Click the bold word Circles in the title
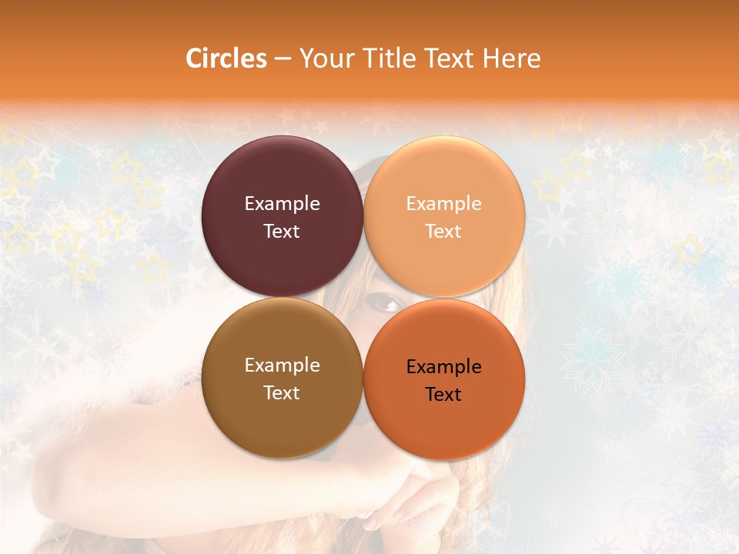click(x=226, y=58)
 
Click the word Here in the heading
click(x=512, y=58)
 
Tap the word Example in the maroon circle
click(x=282, y=204)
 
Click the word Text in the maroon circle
click(x=282, y=232)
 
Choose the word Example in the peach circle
click(x=443, y=204)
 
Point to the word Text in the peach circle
click(x=443, y=232)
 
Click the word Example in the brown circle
click(x=282, y=365)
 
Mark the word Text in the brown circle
click(x=282, y=393)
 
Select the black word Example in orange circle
click(x=443, y=367)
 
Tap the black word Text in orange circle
click(x=443, y=395)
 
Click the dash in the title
click(x=283, y=59)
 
